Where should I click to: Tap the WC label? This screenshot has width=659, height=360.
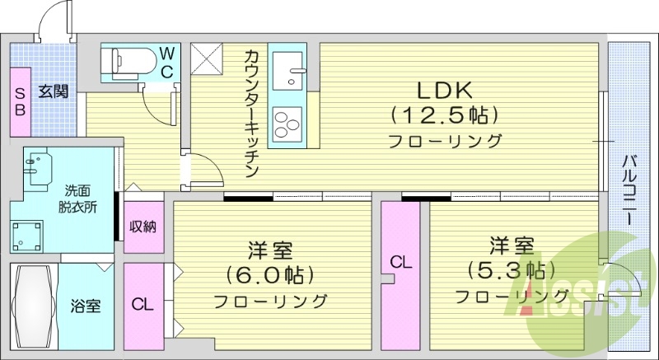[x=167, y=62]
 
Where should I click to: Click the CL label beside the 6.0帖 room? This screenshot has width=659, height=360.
[x=143, y=304]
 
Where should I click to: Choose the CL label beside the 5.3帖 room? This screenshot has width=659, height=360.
[x=400, y=263]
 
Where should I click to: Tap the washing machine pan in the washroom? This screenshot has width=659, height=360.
[x=30, y=234]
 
